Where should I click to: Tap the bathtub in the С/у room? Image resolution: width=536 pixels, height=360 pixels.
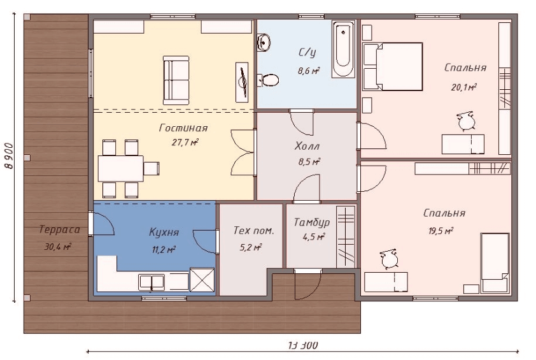tap(343, 49)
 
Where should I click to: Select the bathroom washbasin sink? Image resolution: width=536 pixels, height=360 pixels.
tap(264, 42)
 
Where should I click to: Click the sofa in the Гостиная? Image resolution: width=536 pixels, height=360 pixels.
tap(176, 80)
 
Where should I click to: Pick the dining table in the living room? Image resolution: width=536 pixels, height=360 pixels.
tap(121, 168)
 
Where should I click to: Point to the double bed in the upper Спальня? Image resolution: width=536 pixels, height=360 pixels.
tap(393, 66)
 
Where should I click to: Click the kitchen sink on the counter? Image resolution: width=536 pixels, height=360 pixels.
tap(152, 282)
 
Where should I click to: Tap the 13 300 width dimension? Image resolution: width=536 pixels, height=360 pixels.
tap(303, 345)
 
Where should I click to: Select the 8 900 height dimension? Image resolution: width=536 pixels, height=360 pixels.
tap(9, 155)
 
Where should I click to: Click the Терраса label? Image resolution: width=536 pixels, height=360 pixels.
tap(59, 229)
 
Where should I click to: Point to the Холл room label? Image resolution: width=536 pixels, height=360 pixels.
tap(307, 147)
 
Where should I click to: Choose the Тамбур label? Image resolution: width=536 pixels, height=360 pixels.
tap(312, 222)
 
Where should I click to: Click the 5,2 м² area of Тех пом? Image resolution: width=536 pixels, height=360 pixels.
tap(251, 247)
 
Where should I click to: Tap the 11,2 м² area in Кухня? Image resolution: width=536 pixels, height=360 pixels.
tap(164, 250)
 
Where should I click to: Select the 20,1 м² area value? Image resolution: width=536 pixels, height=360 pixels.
tap(464, 87)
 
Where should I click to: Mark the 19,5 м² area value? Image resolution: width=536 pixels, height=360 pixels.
tap(441, 231)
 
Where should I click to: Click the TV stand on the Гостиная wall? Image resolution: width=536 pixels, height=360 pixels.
tap(242, 82)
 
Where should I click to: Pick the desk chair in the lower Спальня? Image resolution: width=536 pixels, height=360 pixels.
tap(389, 259)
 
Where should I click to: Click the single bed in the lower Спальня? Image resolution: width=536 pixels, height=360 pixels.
tap(495, 263)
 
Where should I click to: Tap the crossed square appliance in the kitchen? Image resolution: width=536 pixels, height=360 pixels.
tap(202, 280)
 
